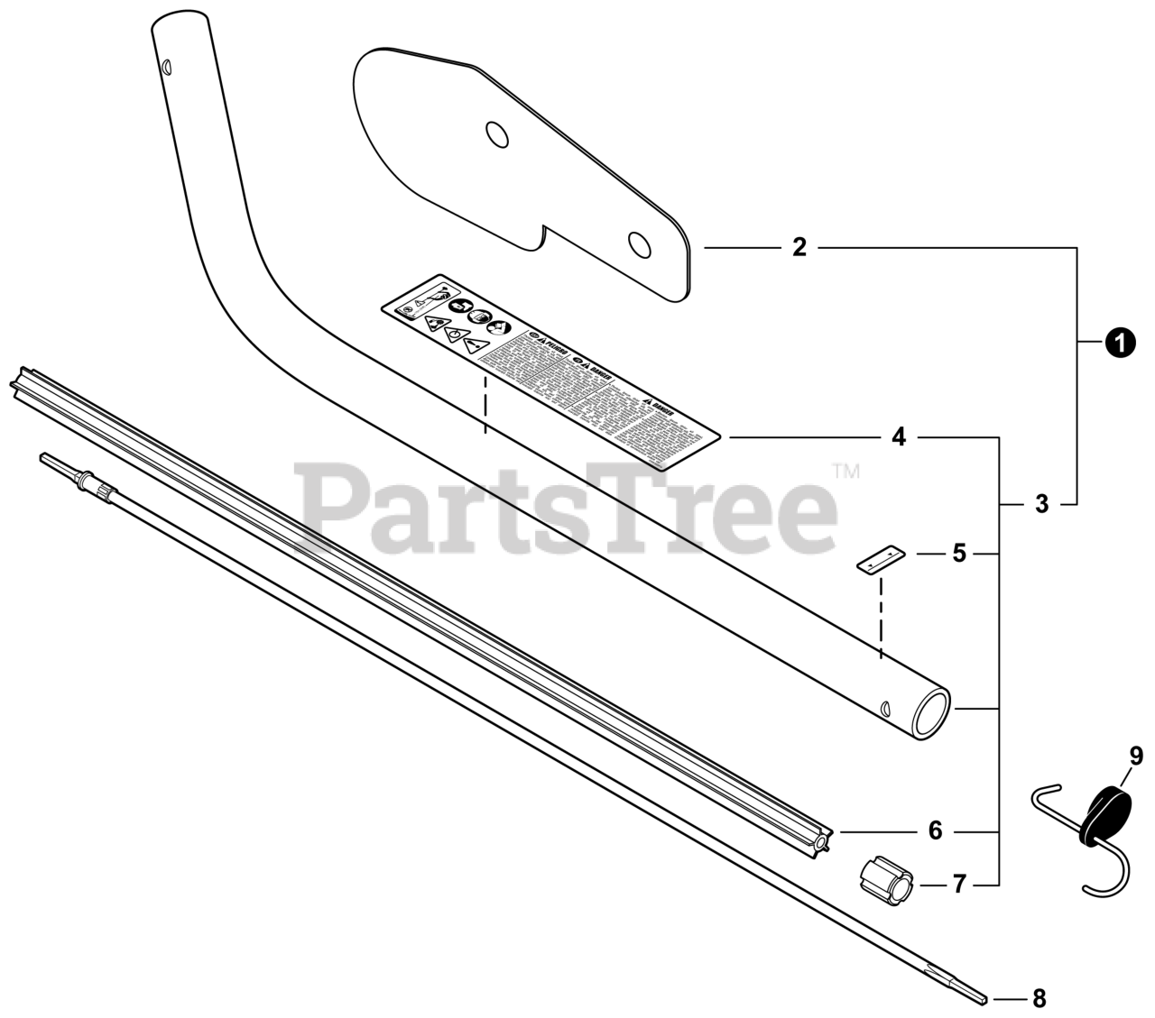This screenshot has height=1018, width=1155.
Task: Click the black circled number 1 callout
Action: click(1120, 344)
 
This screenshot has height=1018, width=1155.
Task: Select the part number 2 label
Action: click(799, 247)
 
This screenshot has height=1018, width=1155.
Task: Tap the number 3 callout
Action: click(1042, 504)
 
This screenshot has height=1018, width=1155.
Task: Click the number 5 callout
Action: click(958, 553)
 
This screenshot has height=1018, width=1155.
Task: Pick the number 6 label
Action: click(935, 830)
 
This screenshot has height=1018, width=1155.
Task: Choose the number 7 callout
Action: click(958, 885)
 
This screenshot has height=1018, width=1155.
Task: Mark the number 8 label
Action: click(1039, 998)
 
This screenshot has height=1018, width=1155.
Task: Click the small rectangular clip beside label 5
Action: click(880, 559)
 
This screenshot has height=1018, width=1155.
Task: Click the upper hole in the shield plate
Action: click(495, 134)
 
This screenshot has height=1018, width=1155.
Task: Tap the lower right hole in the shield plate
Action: click(641, 243)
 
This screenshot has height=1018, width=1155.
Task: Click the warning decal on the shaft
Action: click(551, 371)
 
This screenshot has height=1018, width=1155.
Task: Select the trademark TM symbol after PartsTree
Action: click(845, 470)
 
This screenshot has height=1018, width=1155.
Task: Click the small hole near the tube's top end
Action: click(166, 68)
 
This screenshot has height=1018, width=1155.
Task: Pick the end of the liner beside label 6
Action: click(824, 840)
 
